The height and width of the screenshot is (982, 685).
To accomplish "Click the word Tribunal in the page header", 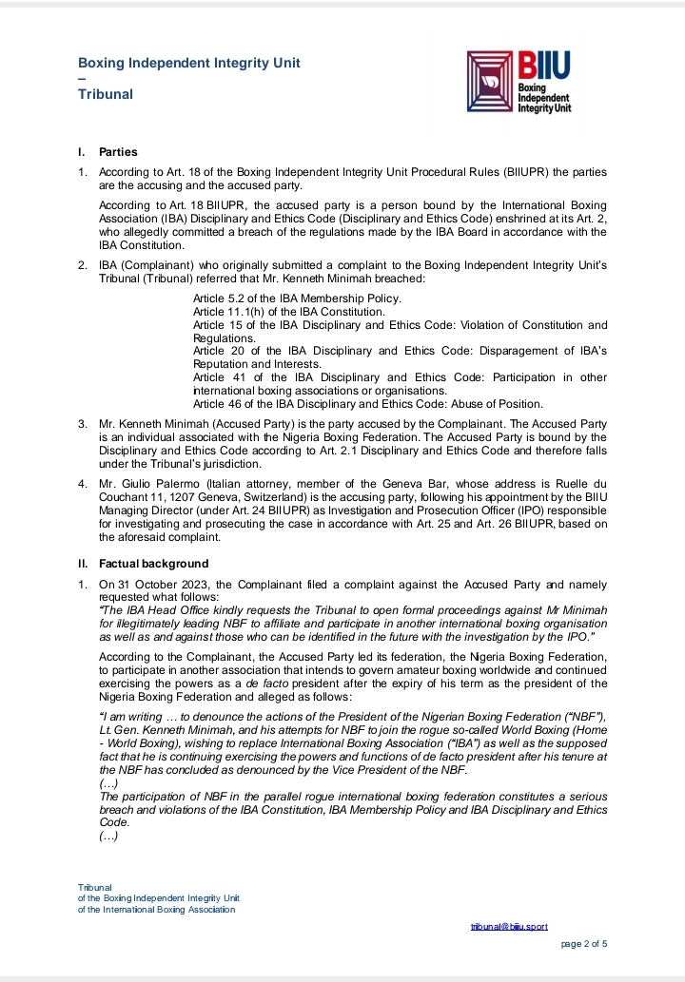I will pyautogui.click(x=106, y=94).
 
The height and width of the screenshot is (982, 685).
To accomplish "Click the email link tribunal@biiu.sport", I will pyautogui.click(x=509, y=926).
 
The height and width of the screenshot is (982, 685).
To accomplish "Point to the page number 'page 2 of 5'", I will pyautogui.click(x=584, y=943).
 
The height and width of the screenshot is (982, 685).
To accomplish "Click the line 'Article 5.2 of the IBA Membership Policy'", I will pyautogui.click(x=297, y=298).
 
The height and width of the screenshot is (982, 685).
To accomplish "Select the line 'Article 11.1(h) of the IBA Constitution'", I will pyautogui.click(x=289, y=312).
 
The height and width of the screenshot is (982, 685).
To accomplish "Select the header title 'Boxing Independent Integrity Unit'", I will pyautogui.click(x=189, y=63).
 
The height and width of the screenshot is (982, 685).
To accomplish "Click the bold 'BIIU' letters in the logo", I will pyautogui.click(x=545, y=66).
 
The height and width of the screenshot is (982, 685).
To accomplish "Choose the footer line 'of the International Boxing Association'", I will pyautogui.click(x=157, y=909).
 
